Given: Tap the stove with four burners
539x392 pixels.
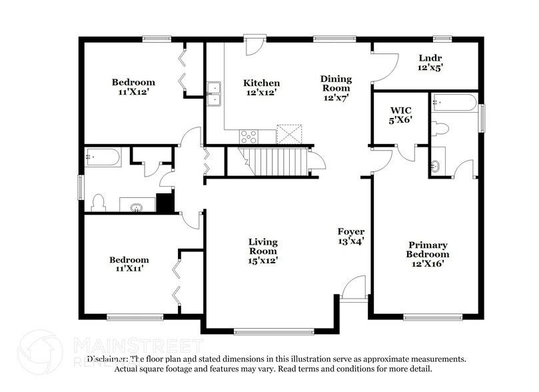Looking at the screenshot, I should click(x=249, y=137).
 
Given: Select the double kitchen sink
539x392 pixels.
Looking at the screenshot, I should click(x=214, y=94).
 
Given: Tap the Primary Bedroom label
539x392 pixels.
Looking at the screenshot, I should click(x=428, y=254).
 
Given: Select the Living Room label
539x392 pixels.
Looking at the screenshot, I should click(x=263, y=251).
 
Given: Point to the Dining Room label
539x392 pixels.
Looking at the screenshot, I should click(x=336, y=88).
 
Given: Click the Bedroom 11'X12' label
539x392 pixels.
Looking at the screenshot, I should click(x=133, y=87).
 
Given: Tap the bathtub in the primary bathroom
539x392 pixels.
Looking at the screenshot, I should click(x=454, y=103).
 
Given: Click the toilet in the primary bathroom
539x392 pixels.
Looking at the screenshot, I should click(x=440, y=129).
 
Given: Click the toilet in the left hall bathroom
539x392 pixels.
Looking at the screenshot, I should click(x=99, y=202).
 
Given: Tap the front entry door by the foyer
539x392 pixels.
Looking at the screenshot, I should click(x=353, y=290).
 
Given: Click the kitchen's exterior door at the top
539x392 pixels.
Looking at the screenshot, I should click(x=255, y=45).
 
